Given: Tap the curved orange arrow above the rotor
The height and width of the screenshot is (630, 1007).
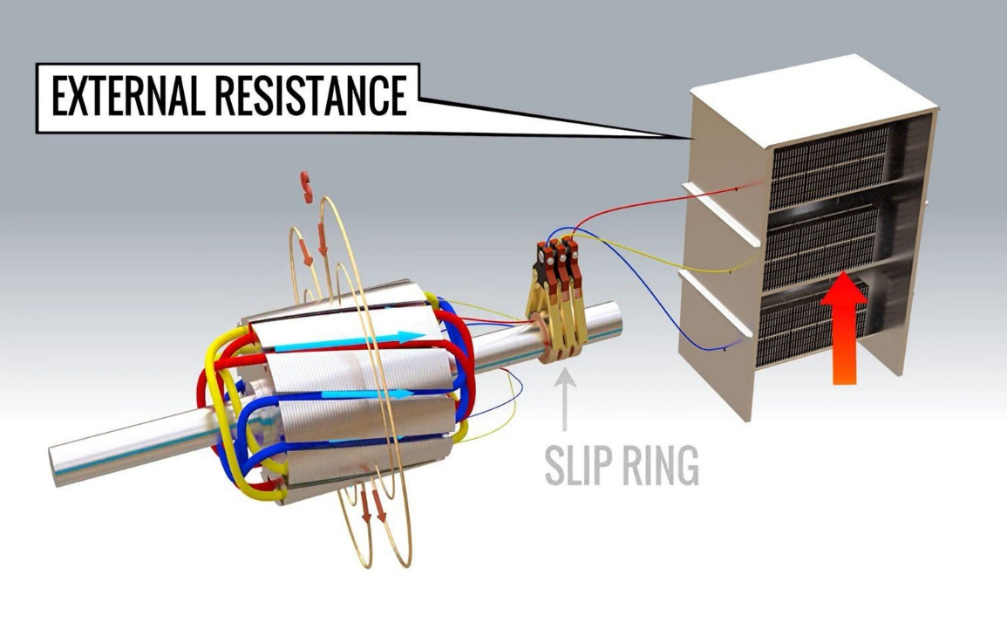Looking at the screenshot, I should (x=306, y=185).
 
